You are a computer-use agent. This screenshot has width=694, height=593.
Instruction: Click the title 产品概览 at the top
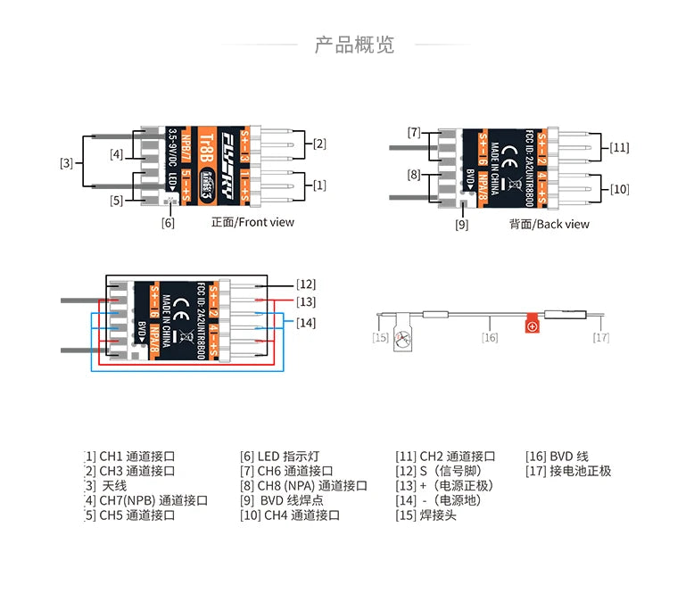point(354,45)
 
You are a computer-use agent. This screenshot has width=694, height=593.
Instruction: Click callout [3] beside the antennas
point(67,162)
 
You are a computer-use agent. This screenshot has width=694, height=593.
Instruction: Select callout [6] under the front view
point(168,222)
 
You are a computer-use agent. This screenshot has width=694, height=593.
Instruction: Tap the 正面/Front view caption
point(252,222)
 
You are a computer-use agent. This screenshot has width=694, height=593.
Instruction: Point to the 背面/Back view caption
point(549,224)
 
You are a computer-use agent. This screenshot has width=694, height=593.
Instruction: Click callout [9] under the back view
point(461,225)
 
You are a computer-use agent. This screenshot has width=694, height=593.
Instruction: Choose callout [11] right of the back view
point(620,146)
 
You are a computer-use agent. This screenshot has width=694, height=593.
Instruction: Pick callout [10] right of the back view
point(620,188)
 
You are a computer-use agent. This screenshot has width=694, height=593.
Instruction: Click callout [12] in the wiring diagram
point(306,284)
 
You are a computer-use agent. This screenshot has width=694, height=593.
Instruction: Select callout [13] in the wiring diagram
point(306,303)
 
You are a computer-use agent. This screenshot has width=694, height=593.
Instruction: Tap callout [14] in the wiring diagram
point(306,322)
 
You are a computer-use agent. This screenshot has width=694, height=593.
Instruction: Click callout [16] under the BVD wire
point(490,337)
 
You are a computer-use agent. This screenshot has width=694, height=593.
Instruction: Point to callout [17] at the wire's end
point(601,337)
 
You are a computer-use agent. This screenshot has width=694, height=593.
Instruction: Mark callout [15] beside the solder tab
point(381,337)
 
